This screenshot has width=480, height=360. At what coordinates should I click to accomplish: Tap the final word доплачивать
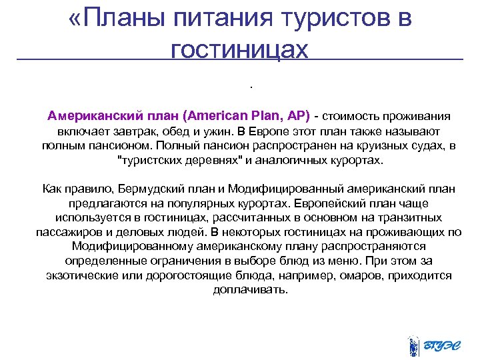[241, 290]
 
